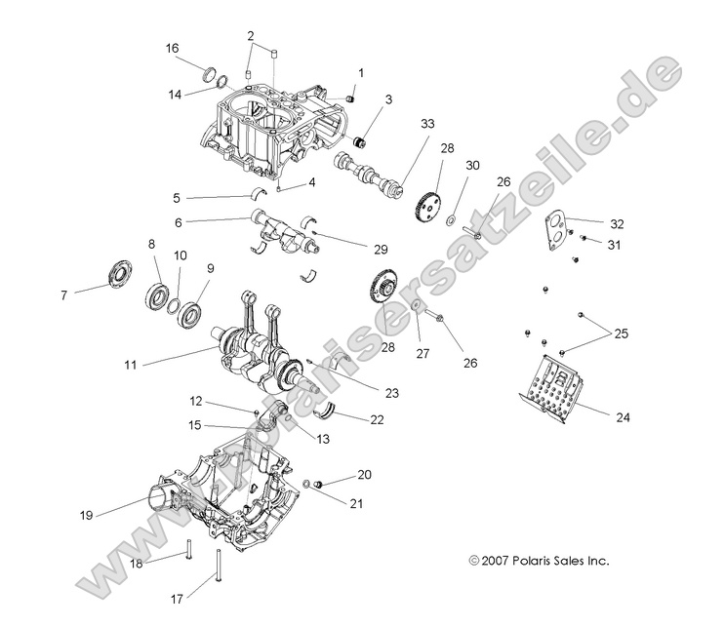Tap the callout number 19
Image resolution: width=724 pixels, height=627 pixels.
[x=87, y=514]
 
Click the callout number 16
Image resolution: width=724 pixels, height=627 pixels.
[x=172, y=48]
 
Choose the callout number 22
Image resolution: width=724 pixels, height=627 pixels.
[x=348, y=418]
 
